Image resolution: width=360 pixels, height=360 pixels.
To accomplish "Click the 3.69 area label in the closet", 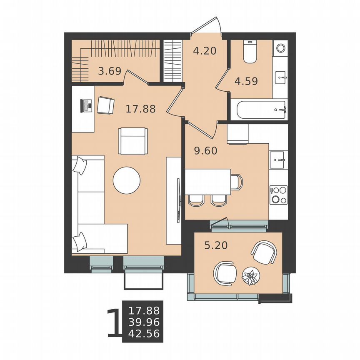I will click(109, 71).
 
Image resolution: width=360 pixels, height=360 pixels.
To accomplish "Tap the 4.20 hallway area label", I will click(205, 52).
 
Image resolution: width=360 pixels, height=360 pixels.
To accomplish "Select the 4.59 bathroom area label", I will click(246, 80).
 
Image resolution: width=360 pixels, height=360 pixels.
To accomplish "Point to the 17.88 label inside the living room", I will click(140, 109).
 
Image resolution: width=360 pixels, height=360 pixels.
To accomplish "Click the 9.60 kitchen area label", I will click(206, 151).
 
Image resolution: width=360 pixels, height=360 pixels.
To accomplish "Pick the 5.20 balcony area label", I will click(216, 246).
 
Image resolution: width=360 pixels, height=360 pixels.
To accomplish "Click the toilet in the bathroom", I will click(250, 52).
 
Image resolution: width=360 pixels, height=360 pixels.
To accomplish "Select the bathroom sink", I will click(280, 77).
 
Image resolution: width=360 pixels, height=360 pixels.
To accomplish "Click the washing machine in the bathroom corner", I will click(280, 47).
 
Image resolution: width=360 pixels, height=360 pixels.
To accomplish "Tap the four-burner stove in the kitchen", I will click(279, 195).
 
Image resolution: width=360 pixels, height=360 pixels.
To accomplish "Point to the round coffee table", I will click(127, 180).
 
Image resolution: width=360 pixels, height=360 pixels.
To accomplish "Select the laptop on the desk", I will click(86, 105).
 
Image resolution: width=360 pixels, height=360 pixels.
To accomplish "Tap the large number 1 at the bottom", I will click(112, 322).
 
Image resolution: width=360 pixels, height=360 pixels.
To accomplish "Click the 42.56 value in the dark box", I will click(144, 333).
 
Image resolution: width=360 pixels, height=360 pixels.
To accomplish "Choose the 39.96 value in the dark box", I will click(144, 322).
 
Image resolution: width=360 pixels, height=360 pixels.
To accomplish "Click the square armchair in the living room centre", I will click(132, 140).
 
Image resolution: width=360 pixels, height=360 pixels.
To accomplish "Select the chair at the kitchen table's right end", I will click(236, 182).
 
